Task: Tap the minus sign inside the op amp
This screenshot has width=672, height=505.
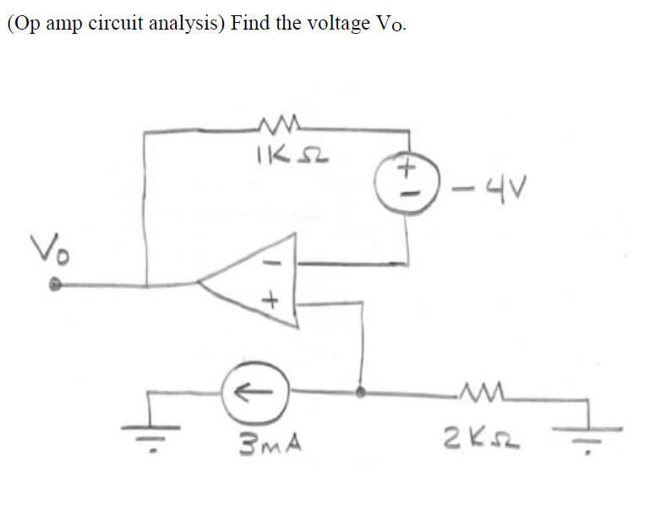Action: [x=272, y=264]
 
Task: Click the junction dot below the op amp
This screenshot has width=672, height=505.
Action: [x=363, y=392]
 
